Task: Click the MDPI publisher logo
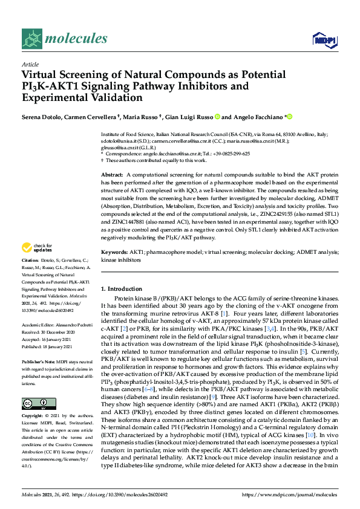tap(323, 40)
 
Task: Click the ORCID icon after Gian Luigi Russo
tap(217, 117)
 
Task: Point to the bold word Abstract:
tap(113, 174)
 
